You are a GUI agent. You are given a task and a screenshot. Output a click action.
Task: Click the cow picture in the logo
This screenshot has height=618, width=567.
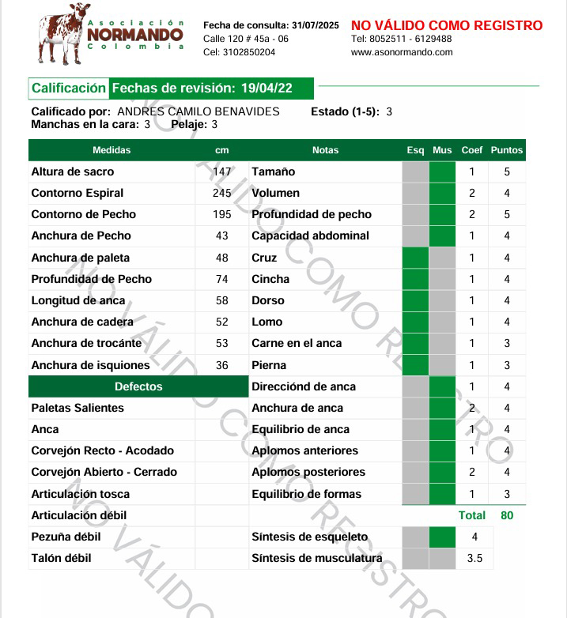tap(61, 34)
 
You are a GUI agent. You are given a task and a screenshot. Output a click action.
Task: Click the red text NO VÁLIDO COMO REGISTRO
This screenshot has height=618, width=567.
tap(447, 26)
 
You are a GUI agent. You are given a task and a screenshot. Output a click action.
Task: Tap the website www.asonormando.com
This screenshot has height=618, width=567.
tap(402, 52)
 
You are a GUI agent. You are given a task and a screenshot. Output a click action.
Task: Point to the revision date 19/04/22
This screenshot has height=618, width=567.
tap(266, 89)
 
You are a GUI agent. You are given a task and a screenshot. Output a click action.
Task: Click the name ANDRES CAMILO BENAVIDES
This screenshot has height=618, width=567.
tap(198, 111)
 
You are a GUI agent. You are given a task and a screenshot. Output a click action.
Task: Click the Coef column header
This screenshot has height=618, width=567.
tap(472, 150)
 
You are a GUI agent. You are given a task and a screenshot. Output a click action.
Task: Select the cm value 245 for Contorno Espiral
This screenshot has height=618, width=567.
tap(222, 193)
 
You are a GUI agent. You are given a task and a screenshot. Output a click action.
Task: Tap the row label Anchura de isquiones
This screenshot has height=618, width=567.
tap(90, 365)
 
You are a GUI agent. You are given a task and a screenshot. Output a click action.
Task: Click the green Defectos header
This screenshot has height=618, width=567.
tap(138, 386)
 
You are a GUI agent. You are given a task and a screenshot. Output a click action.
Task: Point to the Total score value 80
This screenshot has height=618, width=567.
tap(507, 515)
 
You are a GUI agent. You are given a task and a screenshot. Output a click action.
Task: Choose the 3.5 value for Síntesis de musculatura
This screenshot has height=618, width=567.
tap(474, 558)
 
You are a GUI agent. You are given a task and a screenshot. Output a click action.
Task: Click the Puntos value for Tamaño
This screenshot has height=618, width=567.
tap(507, 171)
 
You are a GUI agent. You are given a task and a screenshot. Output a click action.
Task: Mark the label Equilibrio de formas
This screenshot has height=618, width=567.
tap(306, 494)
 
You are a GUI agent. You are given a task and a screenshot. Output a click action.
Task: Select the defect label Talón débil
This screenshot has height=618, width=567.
tap(61, 558)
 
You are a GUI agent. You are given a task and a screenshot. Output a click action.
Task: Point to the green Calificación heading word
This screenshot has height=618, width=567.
tap(69, 89)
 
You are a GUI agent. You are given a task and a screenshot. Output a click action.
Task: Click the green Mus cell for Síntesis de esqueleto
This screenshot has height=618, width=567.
tap(443, 537)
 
